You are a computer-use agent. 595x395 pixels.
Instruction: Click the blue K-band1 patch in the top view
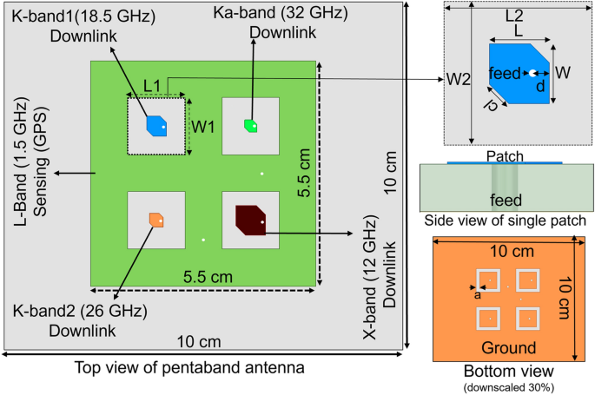pyautogui.click(x=156, y=126)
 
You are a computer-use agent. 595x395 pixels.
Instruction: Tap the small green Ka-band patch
pyautogui.click(x=250, y=126)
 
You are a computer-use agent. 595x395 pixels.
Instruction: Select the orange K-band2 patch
pyautogui.click(x=156, y=219)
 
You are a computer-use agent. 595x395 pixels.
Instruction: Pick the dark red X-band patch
pyautogui.click(x=249, y=218)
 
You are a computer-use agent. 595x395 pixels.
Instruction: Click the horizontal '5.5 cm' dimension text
pyautogui.click(x=208, y=277)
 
